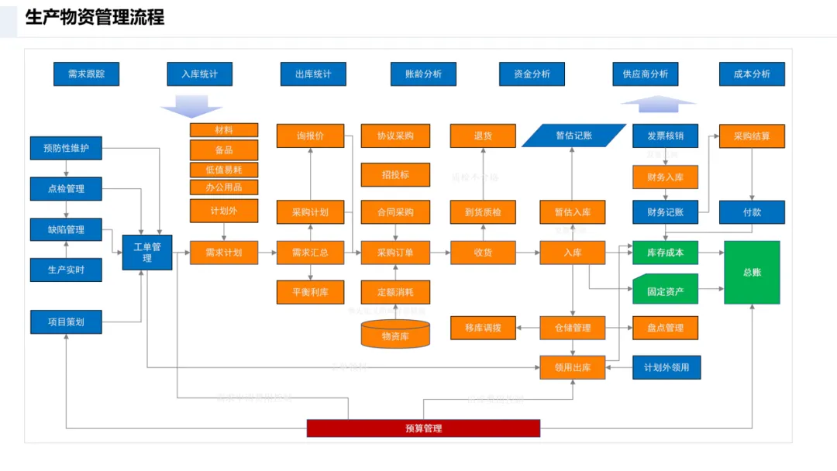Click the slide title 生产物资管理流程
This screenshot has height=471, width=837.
95,17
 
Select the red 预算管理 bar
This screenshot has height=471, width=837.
423,428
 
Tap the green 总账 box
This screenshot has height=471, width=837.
752,272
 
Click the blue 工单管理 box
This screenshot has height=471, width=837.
147,253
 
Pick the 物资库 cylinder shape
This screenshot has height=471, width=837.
395,335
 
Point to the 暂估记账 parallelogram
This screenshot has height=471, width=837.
573,136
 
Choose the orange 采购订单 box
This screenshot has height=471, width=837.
395,253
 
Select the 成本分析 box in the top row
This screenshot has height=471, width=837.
752,74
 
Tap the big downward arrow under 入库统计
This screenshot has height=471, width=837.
191,105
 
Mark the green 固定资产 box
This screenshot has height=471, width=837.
665,293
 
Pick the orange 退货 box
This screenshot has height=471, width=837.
483,136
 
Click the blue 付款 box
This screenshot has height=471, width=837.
752,212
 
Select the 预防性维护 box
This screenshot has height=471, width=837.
66,148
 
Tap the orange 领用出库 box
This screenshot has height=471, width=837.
573,368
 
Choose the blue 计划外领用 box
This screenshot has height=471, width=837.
666,368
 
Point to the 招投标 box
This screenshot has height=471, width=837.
395,175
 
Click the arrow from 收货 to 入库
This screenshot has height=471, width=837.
528,253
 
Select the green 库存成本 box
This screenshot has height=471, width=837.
665,253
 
